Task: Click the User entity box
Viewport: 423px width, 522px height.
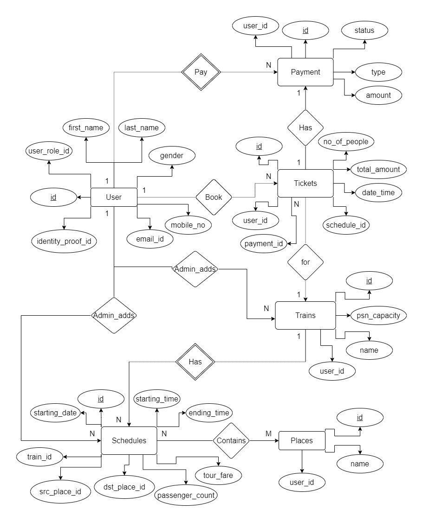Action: point(114,197)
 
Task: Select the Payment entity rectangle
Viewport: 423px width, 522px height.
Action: point(305,72)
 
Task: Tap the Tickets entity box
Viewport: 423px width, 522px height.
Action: point(305,183)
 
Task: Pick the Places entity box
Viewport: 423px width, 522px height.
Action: point(301,440)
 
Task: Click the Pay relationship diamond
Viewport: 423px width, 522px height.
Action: point(201,72)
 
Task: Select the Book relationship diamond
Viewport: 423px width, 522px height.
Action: point(214,197)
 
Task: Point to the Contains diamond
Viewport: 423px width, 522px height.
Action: point(231,440)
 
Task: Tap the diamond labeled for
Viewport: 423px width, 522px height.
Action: point(305,262)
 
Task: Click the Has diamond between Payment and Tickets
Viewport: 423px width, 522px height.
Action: point(305,127)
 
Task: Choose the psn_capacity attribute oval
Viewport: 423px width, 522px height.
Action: point(379,316)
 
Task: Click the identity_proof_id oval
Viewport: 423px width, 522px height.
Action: point(64,241)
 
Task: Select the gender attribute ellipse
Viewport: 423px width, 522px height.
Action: point(171,156)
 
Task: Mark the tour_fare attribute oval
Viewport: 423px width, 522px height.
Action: point(218,475)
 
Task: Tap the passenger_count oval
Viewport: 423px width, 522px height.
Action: point(186,495)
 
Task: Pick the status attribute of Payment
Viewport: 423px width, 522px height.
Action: point(364,31)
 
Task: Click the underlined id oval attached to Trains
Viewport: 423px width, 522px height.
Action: point(369,280)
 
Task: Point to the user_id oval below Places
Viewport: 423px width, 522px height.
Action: point(302,483)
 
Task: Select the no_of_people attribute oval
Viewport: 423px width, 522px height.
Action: point(346,142)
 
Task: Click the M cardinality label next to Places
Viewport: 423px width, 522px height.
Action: point(268,433)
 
